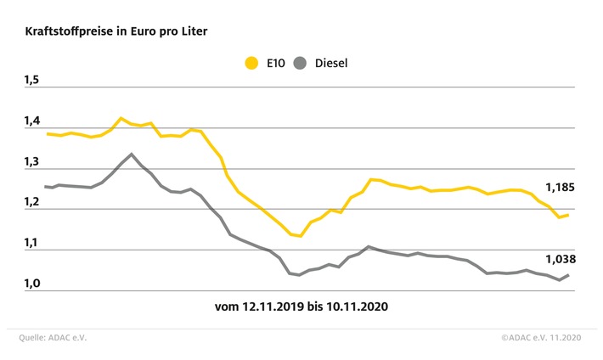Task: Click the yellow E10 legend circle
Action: tap(251, 63)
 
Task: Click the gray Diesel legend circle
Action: tap(300, 63)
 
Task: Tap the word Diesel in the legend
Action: tap(331, 63)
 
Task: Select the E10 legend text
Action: tap(276, 63)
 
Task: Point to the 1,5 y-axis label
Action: tap(32, 80)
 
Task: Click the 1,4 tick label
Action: tap(32, 121)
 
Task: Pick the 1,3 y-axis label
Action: tap(32, 161)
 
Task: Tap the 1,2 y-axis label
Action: tap(32, 202)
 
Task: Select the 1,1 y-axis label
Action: tap(32, 243)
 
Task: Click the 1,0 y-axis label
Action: tap(32, 284)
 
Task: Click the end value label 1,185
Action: tap(560, 188)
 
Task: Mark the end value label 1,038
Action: tap(561, 259)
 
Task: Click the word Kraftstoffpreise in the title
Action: tap(69, 31)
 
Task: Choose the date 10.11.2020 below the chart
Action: tap(358, 307)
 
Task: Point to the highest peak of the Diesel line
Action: tap(132, 154)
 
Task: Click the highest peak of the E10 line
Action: tap(121, 118)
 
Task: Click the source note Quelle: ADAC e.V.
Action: tap(53, 338)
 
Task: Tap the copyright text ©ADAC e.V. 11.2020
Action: tap(541, 338)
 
